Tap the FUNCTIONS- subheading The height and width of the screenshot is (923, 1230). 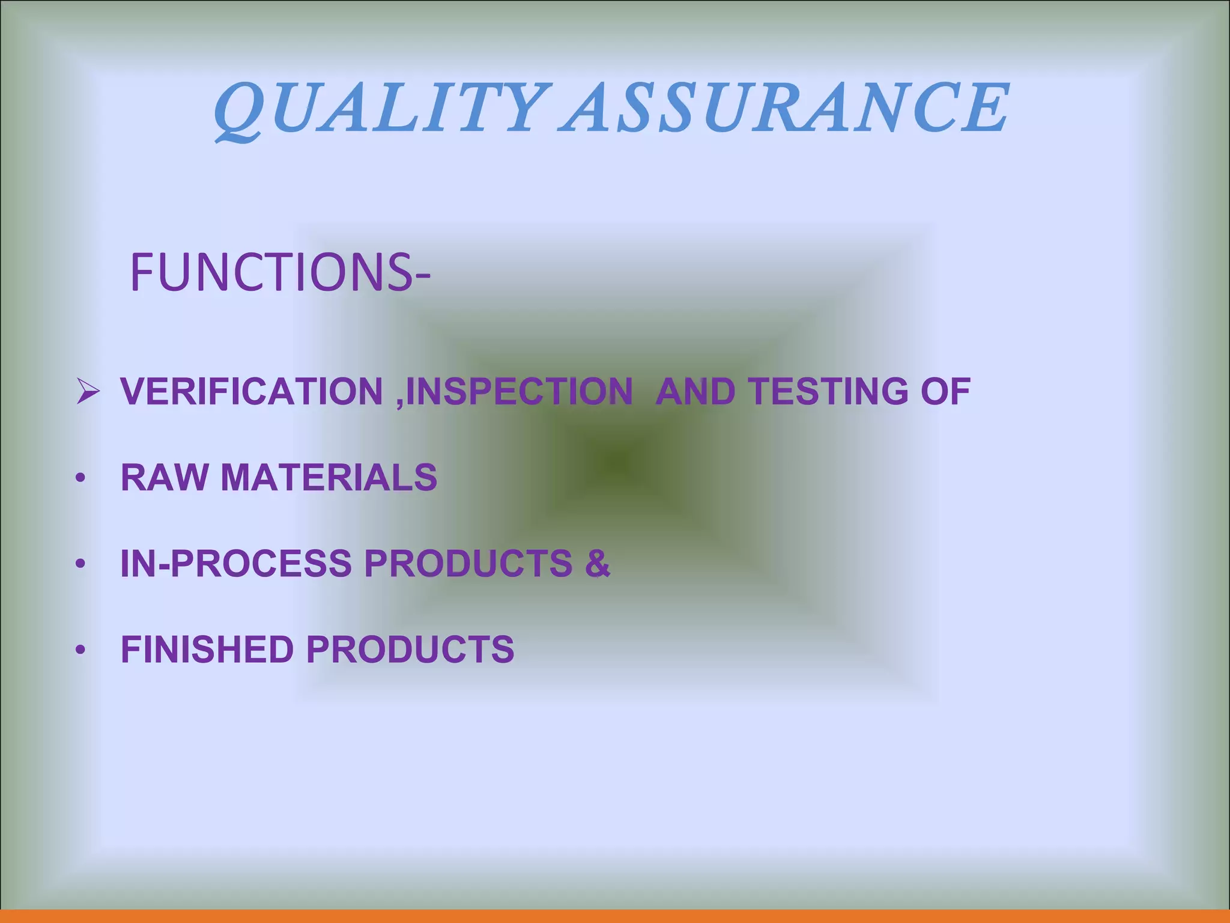tap(280, 273)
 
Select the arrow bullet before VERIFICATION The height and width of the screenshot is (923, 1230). tap(88, 392)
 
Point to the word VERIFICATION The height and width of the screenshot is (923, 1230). tap(252, 392)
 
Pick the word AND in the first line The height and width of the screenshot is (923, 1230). tap(695, 392)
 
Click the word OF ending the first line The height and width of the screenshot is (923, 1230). tap(945, 392)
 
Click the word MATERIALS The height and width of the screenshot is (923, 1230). tap(329, 478)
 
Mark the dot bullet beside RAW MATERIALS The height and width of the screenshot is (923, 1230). tap(80, 479)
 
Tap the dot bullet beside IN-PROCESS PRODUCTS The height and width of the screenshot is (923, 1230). tap(80, 565)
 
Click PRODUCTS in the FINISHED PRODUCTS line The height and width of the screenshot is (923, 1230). tap(410, 650)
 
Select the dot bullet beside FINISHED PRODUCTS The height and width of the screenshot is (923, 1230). tap(80, 651)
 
